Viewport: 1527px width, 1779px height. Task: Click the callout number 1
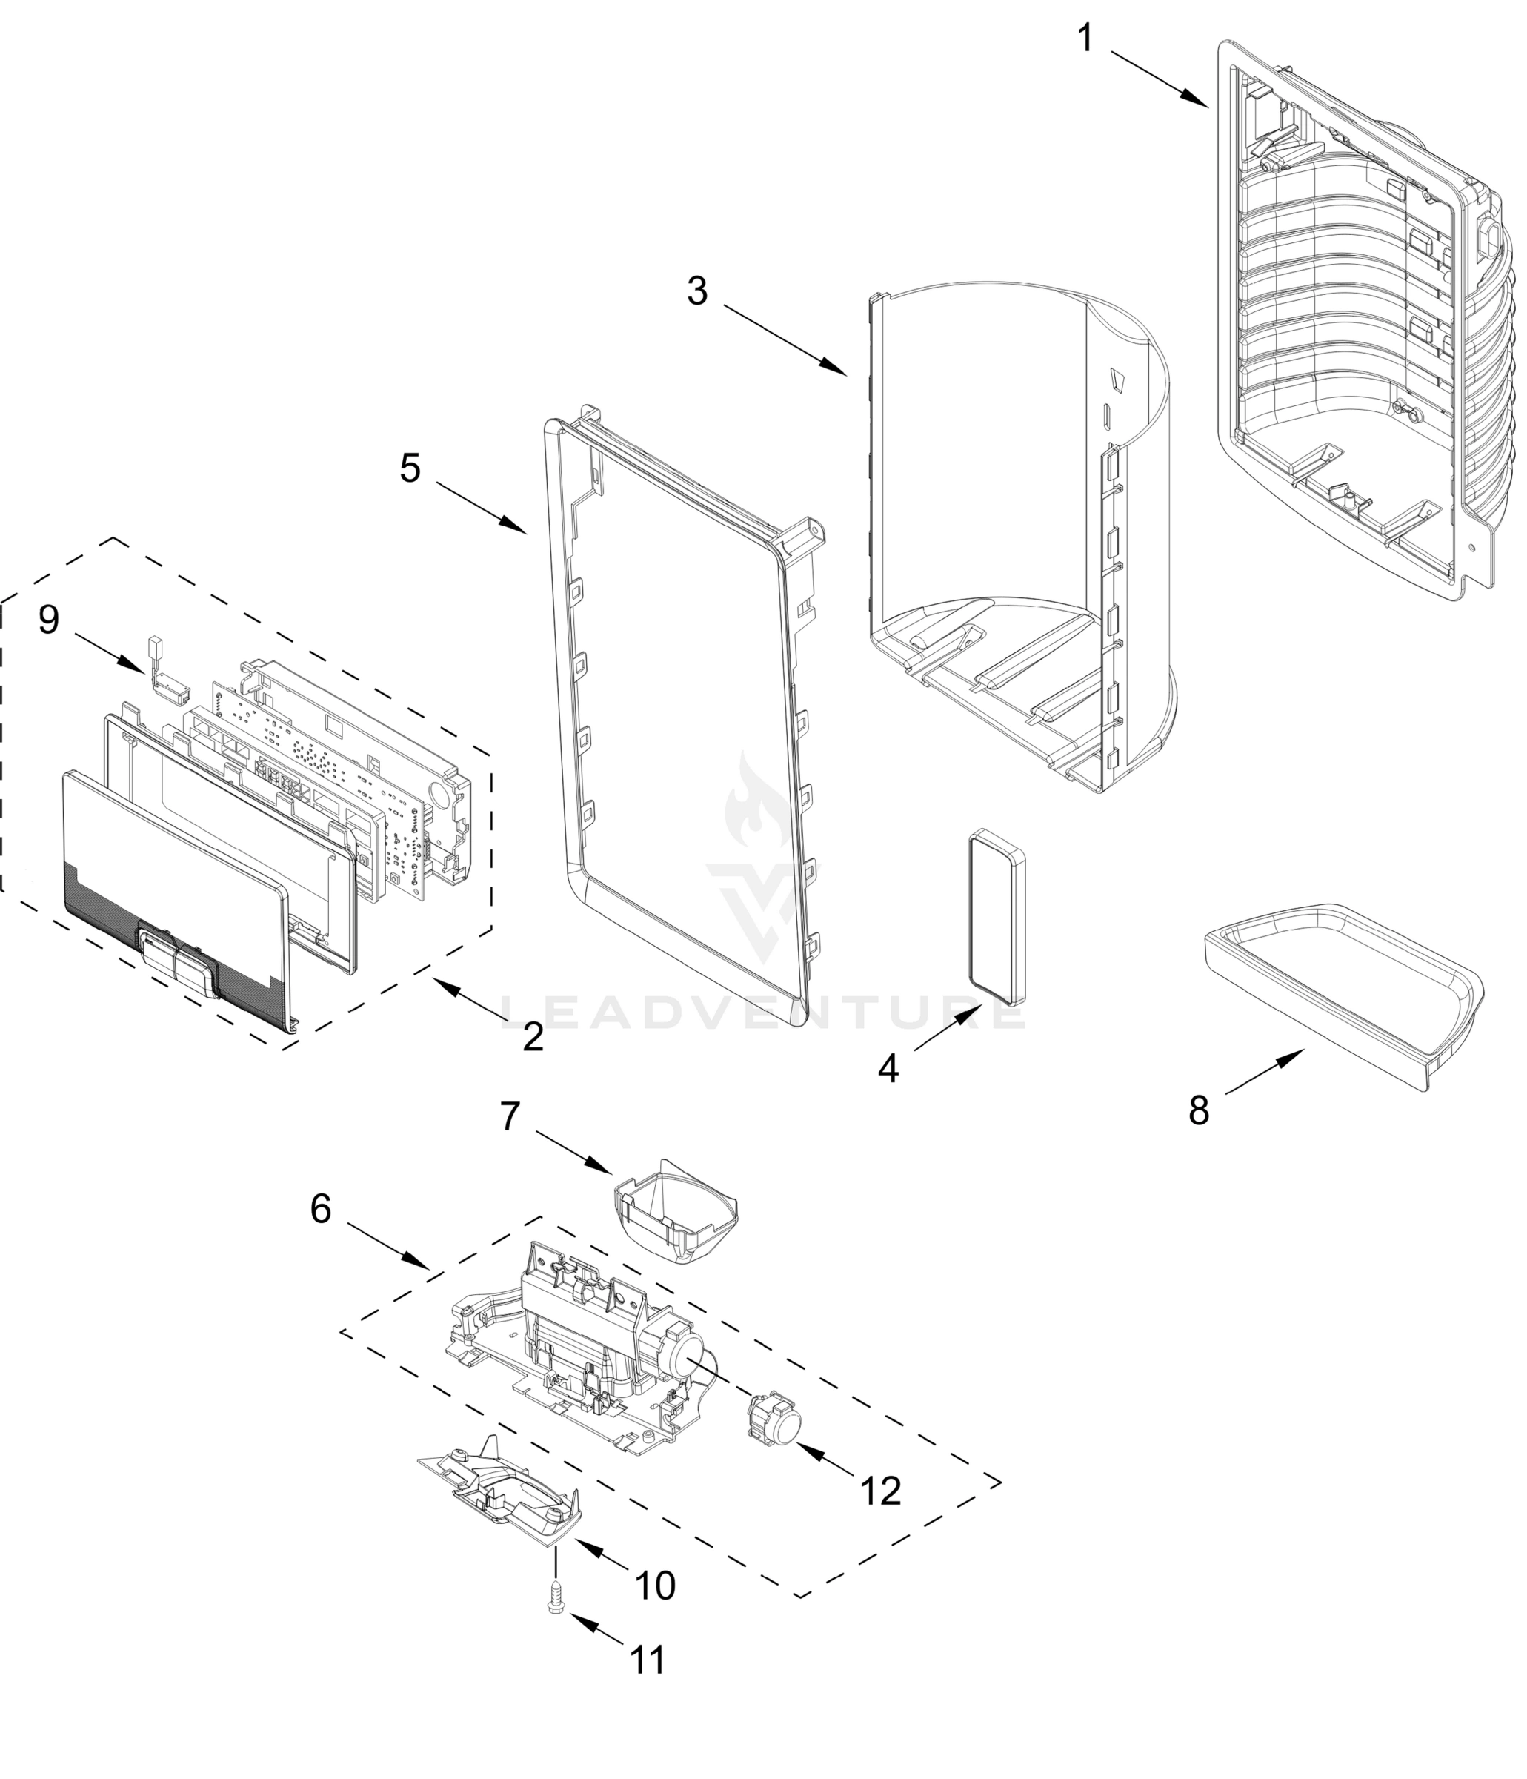point(1085,39)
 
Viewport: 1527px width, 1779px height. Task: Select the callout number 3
point(697,291)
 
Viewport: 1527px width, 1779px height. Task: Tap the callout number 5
point(410,468)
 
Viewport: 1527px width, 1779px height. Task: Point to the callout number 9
point(49,619)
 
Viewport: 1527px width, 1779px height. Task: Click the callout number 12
point(881,1491)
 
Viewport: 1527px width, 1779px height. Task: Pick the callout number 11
point(648,1660)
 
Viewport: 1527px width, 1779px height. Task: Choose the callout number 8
point(1198,1110)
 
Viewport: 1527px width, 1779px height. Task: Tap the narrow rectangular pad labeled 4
point(998,916)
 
